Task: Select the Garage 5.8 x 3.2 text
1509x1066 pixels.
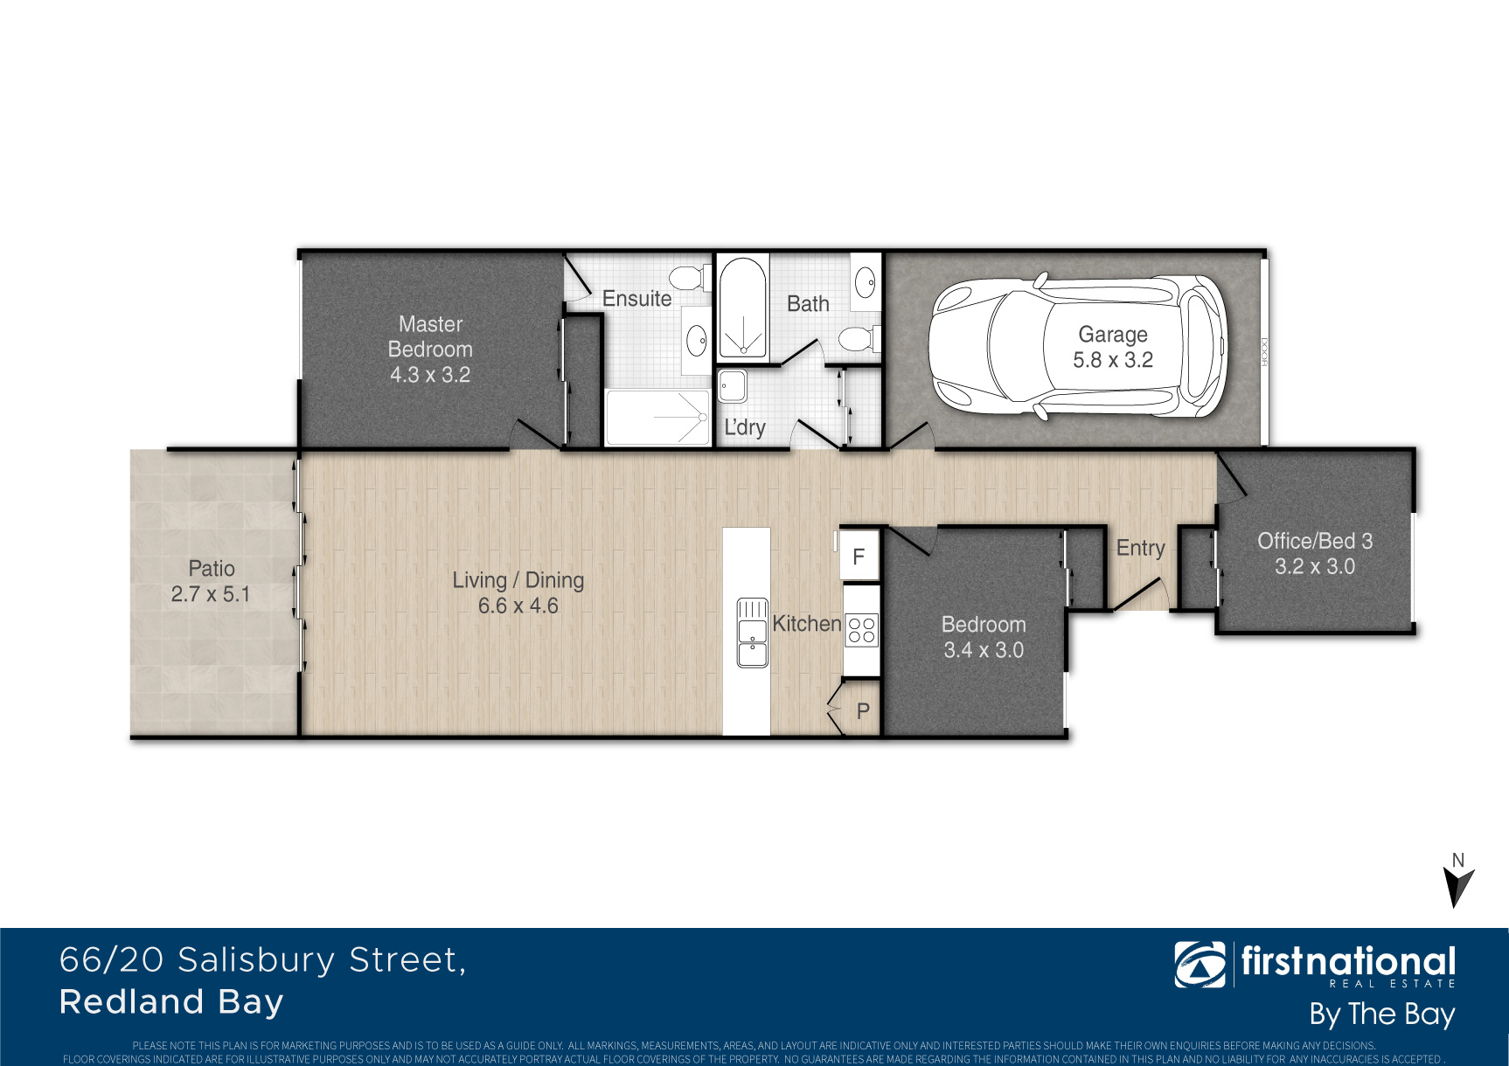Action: coord(1113,347)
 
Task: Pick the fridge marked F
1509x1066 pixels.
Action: coord(859,556)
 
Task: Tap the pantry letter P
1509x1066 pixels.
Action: coord(863,711)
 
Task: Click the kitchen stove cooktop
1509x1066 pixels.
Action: coord(861,630)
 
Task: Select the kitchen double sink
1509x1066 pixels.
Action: coord(753,633)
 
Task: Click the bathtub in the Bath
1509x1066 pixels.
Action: coord(742,308)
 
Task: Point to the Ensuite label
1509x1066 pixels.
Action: coord(636,299)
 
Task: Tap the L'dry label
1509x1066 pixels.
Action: coord(745,427)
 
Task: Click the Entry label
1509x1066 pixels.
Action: coord(1141,548)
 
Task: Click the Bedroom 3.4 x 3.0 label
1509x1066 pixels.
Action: coord(984,637)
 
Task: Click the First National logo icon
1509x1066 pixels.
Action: coord(1200,965)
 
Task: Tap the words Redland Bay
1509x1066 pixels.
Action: coord(171,1002)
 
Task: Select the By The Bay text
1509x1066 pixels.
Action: coord(1381,1014)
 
